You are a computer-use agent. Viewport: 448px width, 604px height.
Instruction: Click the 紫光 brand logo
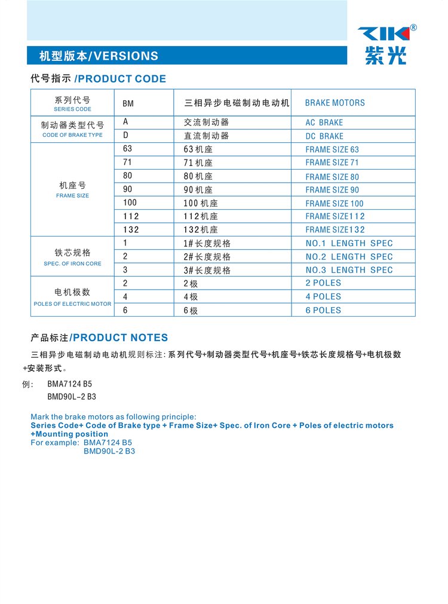(386, 44)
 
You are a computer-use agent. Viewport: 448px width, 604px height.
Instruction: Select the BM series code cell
(128, 103)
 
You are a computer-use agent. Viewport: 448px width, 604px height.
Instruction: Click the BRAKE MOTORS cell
(335, 103)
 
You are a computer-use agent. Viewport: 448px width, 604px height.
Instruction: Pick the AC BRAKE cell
(324, 122)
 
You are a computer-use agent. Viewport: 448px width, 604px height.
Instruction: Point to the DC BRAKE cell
(324, 136)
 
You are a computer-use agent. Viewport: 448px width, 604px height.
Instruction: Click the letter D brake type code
(125, 136)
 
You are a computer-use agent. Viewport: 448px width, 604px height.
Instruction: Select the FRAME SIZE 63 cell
(332, 149)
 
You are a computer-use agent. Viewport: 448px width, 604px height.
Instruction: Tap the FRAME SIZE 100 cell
(334, 203)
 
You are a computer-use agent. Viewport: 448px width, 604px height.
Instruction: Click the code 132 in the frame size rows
(131, 229)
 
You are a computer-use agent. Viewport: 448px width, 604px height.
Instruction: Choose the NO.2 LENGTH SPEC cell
(349, 257)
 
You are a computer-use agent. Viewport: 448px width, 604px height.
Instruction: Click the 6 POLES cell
(323, 310)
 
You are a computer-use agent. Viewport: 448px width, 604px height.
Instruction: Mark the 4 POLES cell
(323, 296)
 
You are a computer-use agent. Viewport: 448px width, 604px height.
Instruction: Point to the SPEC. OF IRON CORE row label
(72, 263)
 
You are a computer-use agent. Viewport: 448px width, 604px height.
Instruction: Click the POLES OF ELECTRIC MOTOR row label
(72, 304)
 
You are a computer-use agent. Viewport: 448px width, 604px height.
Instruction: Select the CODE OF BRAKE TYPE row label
(72, 135)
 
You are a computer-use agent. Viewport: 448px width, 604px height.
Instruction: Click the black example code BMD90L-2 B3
(72, 396)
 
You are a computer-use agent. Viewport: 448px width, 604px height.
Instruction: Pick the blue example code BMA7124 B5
(108, 443)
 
